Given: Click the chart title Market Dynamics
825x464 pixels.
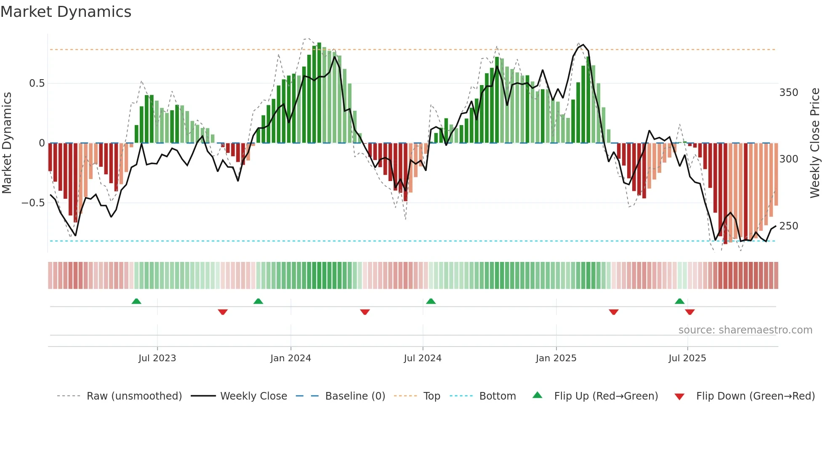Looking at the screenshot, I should [x=66, y=12].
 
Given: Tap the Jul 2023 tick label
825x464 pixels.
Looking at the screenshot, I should [x=157, y=358].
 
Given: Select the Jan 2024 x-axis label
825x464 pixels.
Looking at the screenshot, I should [x=290, y=358].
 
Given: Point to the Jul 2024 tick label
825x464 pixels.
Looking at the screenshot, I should [x=423, y=358].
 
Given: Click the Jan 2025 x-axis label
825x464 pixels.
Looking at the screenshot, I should [x=556, y=358].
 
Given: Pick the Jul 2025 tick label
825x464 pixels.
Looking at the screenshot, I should [x=687, y=358].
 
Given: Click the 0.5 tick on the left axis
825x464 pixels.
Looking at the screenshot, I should [x=37, y=83].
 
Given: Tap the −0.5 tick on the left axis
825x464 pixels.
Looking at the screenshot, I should [x=33, y=203].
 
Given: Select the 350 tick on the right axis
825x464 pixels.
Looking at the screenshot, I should [x=788, y=93].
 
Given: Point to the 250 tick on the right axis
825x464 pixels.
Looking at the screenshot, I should [x=788, y=226].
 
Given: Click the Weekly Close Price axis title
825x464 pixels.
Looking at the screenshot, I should [x=815, y=143].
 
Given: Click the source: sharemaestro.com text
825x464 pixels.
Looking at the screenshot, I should [x=745, y=330].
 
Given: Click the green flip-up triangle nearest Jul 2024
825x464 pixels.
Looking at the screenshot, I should [x=431, y=301].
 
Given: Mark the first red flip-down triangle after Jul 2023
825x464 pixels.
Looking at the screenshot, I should [x=223, y=312].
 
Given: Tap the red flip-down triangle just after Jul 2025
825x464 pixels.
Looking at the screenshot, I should [x=689, y=312].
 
